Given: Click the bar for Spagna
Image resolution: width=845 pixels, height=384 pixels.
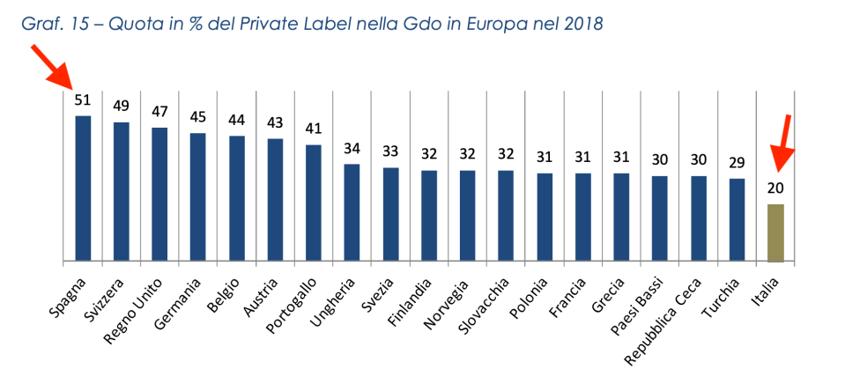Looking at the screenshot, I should tap(83, 188).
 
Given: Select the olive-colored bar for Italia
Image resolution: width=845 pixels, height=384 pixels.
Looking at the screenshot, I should tap(775, 233).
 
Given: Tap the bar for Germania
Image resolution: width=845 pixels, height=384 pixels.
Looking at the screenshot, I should tap(198, 197).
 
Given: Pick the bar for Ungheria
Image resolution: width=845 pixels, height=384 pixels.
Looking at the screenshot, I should tap(352, 212).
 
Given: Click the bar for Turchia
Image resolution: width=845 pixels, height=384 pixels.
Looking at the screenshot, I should tap(737, 219).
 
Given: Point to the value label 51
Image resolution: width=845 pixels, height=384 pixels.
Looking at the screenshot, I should tap(83, 100).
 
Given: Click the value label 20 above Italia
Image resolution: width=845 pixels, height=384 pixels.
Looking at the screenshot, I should tap(775, 188).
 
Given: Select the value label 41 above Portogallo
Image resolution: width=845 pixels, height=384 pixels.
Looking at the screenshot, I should tap(314, 129).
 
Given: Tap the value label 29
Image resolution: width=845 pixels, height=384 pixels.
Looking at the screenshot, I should tap(737, 163).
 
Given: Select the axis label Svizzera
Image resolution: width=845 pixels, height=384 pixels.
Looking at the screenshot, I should tap(99, 301).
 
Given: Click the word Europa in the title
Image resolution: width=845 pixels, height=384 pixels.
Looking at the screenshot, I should tap(490, 25).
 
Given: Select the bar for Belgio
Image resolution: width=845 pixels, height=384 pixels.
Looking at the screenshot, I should tap(237, 198).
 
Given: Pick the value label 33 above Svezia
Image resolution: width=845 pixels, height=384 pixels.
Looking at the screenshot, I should tap(390, 151).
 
